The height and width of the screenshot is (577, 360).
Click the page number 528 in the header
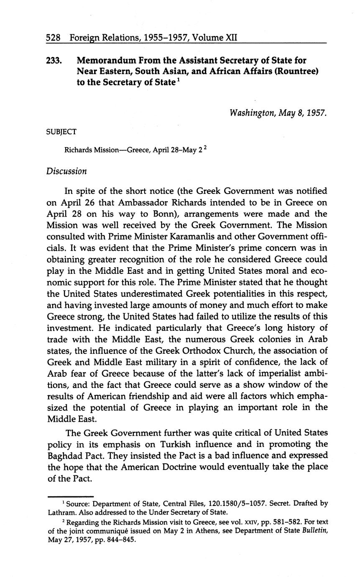tap(54, 38)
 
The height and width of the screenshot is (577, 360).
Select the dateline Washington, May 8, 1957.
tap(278, 113)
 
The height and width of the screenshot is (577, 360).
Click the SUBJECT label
tap(61, 132)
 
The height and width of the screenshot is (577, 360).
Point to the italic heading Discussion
tap(66, 171)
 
